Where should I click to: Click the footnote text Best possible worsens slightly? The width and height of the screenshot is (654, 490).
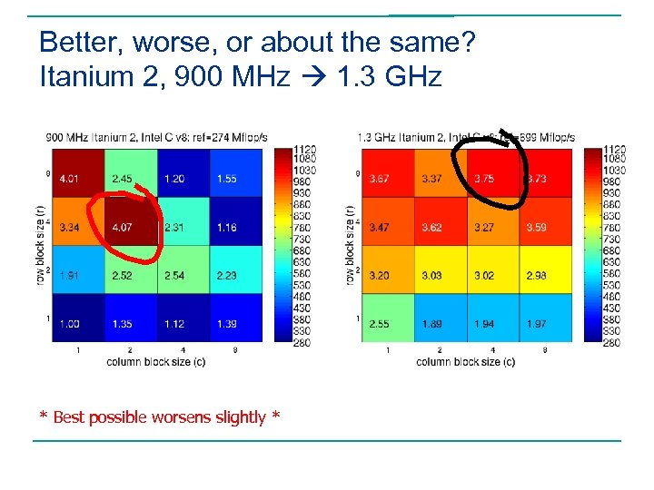(x=160, y=417)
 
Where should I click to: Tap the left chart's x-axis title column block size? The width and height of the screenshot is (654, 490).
(x=155, y=361)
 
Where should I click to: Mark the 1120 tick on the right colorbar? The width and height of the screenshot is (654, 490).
(x=614, y=150)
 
